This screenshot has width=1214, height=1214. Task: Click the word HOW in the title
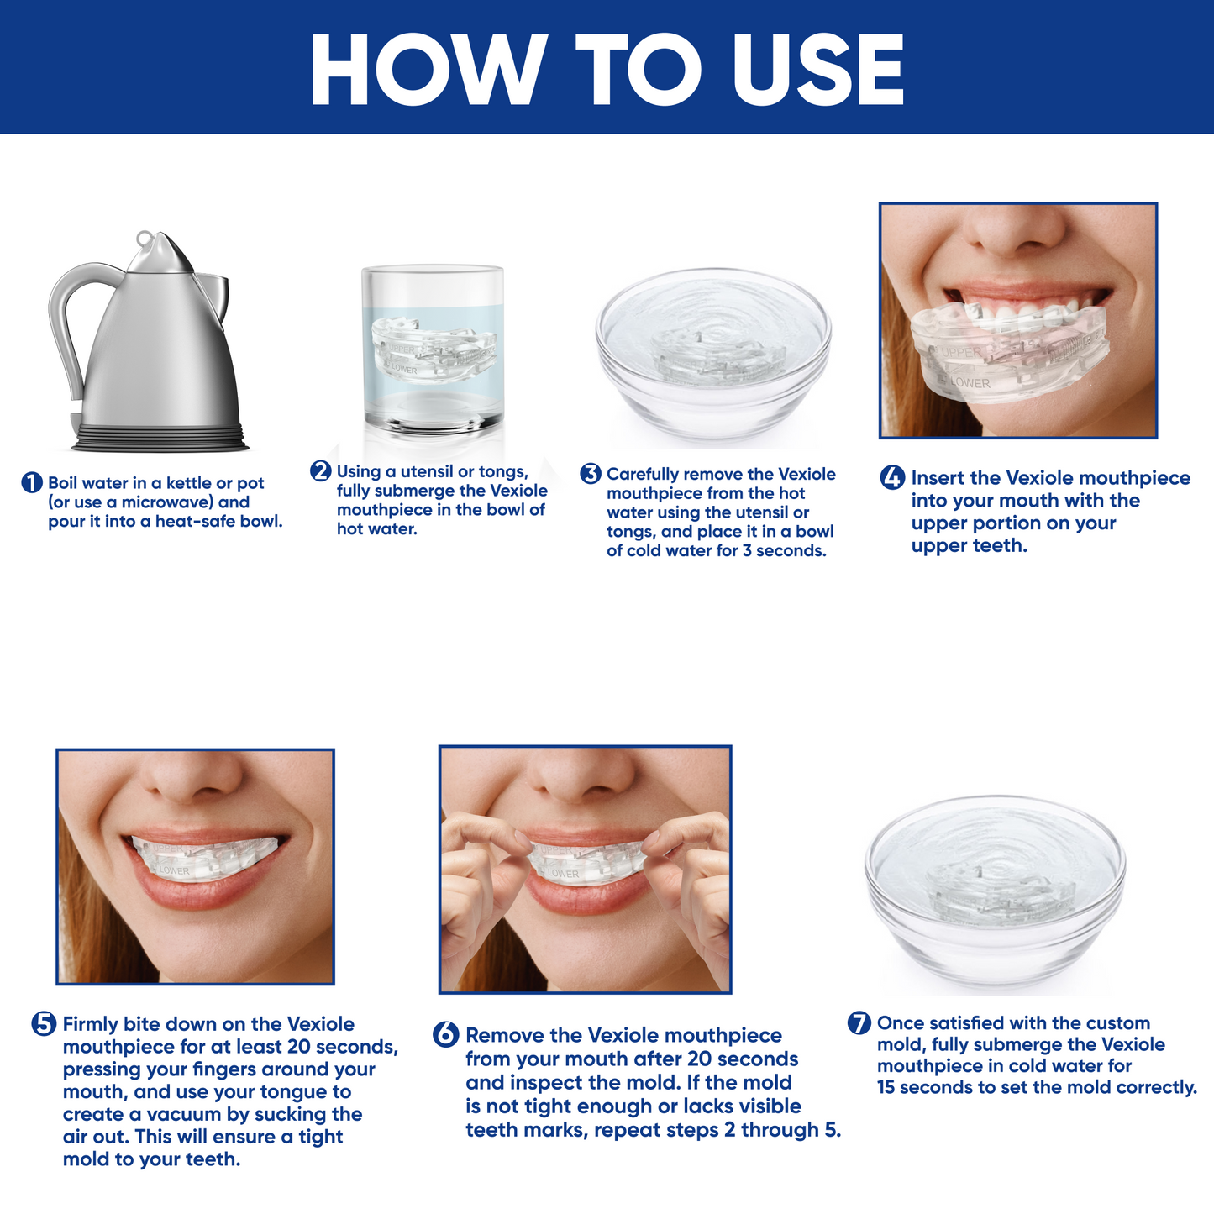pyautogui.click(x=428, y=69)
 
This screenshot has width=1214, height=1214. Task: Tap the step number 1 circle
pyautogui.click(x=31, y=483)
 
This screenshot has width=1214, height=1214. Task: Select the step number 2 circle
pyautogui.click(x=321, y=470)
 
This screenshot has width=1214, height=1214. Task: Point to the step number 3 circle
pyautogui.click(x=591, y=473)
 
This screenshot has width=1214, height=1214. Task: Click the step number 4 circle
pyautogui.click(x=892, y=477)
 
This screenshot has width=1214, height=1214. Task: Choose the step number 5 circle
pyautogui.click(x=44, y=1024)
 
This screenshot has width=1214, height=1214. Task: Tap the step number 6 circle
pyautogui.click(x=445, y=1035)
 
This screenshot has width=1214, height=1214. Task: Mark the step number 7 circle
pyautogui.click(x=859, y=1022)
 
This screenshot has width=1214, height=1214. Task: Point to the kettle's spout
pyautogui.click(x=214, y=295)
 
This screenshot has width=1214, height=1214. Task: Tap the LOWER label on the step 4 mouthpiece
pyautogui.click(x=970, y=382)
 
